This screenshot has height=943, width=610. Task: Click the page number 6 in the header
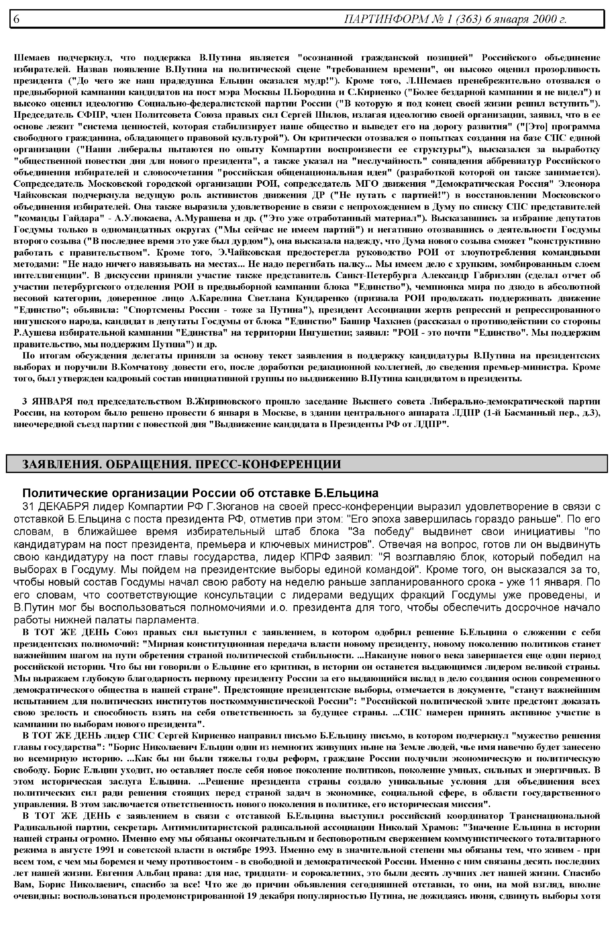(x=17, y=19)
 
